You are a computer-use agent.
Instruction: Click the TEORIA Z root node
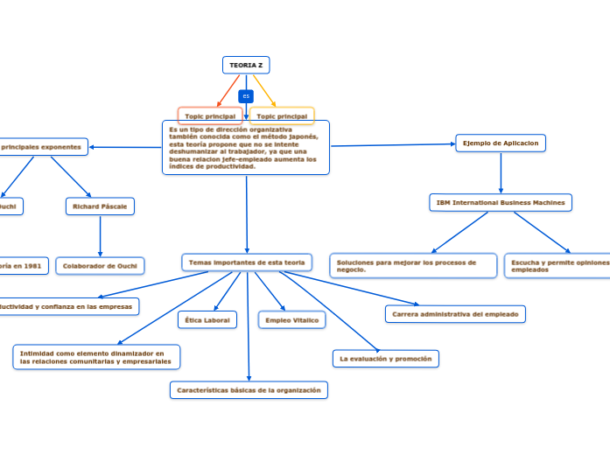(x=246, y=66)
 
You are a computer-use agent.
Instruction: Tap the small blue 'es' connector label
(x=246, y=96)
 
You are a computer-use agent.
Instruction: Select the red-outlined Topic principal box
(x=210, y=115)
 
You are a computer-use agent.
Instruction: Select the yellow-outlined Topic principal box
(x=282, y=115)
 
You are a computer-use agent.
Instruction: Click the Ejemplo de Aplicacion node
(x=501, y=143)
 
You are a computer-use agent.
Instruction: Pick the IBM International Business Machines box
(x=501, y=202)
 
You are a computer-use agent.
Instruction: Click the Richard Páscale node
(x=100, y=206)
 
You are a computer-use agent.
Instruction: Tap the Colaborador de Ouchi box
(x=100, y=266)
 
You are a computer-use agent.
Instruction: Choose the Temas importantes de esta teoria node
(x=247, y=262)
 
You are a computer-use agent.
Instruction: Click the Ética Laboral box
(x=207, y=320)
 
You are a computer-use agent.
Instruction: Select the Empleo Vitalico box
(x=291, y=320)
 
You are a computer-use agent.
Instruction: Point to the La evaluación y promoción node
(x=386, y=359)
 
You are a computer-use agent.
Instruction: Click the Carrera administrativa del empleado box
(x=455, y=314)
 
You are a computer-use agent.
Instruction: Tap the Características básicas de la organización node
(x=249, y=390)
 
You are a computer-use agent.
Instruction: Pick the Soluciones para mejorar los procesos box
(x=413, y=266)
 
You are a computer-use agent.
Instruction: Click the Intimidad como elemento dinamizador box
(x=96, y=357)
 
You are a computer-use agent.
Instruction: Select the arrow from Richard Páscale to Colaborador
(x=100, y=236)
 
